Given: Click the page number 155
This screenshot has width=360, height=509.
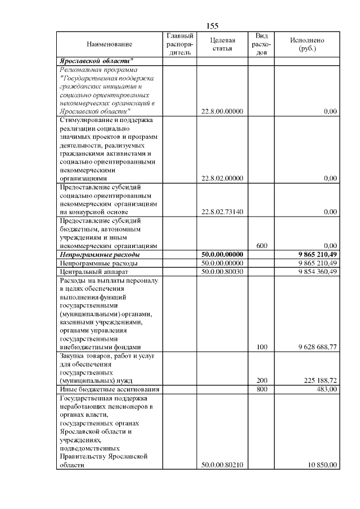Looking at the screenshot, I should tap(212, 26).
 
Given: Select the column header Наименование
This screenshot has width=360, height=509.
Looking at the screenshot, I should tap(110, 44).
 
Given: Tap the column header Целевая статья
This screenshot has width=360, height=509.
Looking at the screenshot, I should tap(222, 44).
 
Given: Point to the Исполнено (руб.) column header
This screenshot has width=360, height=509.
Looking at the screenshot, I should tap(307, 44).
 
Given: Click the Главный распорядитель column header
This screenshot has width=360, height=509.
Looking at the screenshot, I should tap(180, 44).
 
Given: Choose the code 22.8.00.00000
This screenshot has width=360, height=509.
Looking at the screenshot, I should tap(222, 111).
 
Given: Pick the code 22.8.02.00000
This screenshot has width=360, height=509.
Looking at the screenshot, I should tap(222, 178).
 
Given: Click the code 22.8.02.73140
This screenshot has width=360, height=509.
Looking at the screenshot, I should tap(222, 212).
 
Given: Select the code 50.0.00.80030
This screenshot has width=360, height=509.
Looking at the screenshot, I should tap(222, 272).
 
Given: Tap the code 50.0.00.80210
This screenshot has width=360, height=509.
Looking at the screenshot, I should tap(222, 465).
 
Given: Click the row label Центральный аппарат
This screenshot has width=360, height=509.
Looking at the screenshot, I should tap(92, 272).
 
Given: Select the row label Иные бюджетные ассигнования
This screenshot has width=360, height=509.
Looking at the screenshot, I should tap(109, 389).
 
